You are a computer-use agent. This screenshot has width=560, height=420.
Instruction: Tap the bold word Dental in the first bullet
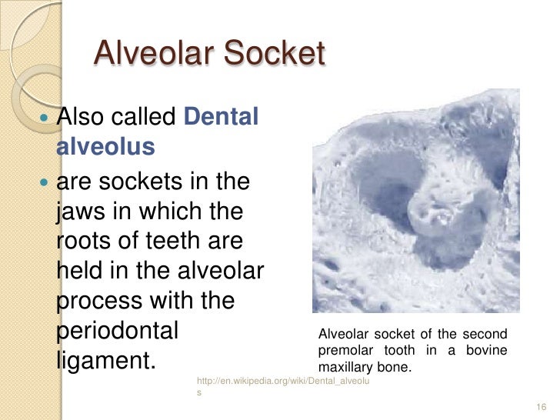(222, 118)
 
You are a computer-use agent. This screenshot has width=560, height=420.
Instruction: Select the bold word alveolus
(105, 146)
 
